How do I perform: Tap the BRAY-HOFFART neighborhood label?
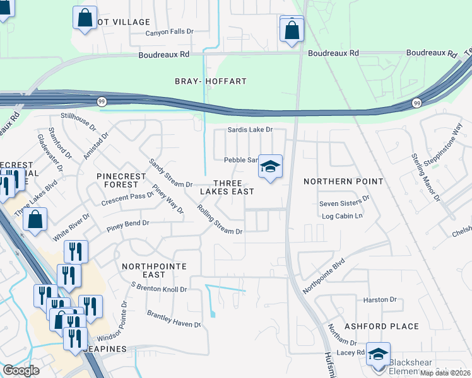(x=210, y=81)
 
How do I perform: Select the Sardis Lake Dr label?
(x=249, y=130)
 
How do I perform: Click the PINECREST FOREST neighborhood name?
(x=117, y=180)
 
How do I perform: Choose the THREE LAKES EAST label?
(x=227, y=186)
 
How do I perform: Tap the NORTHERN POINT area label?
(x=343, y=181)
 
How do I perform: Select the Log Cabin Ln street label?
(x=342, y=216)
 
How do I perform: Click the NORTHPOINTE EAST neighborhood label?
(x=154, y=271)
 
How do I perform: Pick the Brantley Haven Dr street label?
(x=174, y=318)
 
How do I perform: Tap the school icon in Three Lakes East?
(x=270, y=167)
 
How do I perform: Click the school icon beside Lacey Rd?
(x=378, y=354)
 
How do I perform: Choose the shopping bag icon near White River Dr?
(x=36, y=220)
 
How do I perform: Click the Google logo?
(x=21, y=370)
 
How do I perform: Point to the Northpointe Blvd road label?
(x=324, y=276)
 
